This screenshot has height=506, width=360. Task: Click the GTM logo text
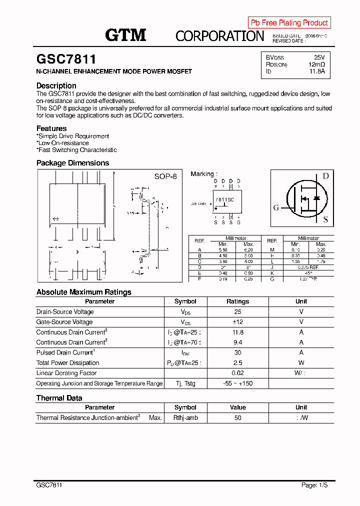click(x=125, y=35)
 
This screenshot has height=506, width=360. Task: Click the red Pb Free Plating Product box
click(x=289, y=22)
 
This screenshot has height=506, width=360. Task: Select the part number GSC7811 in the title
click(x=66, y=59)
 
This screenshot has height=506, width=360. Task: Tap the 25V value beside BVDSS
click(x=319, y=57)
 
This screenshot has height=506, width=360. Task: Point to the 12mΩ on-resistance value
click(x=316, y=64)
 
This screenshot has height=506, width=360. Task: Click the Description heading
click(x=56, y=85)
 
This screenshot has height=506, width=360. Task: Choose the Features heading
click(x=51, y=128)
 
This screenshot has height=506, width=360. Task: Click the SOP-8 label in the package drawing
click(x=165, y=176)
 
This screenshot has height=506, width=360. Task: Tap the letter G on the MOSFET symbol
click(x=276, y=208)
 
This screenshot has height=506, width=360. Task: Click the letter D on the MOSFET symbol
click(x=325, y=176)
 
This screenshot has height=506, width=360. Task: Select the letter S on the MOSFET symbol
click(x=325, y=219)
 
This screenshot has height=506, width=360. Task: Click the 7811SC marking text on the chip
click(x=224, y=199)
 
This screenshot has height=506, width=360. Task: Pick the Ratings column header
click(x=237, y=301)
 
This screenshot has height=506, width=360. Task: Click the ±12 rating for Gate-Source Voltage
click(x=237, y=322)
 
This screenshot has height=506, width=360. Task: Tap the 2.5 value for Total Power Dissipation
click(x=237, y=363)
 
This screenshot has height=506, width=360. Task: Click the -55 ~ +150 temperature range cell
click(x=237, y=383)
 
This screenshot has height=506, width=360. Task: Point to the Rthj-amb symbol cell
click(x=185, y=417)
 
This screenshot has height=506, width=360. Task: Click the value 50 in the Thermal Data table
click(x=237, y=417)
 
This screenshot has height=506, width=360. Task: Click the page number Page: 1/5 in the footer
click(x=314, y=485)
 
